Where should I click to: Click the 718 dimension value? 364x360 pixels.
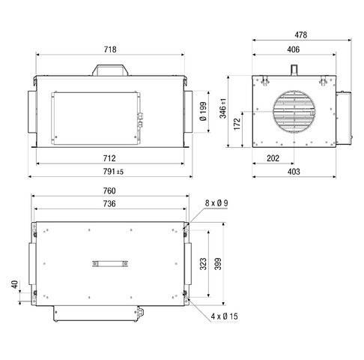click(x=110, y=49)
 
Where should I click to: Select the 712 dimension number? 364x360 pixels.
click(x=109, y=158)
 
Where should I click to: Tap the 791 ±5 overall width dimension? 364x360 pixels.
click(x=113, y=172)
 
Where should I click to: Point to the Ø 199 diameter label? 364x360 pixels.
click(x=204, y=112)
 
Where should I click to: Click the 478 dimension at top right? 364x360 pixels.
click(x=301, y=34)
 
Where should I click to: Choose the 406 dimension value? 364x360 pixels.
click(x=294, y=49)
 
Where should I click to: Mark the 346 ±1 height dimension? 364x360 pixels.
click(x=223, y=108)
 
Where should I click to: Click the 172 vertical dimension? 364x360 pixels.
click(x=237, y=124)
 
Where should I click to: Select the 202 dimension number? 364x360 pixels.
click(x=273, y=158)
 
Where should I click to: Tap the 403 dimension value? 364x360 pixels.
click(x=294, y=172)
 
